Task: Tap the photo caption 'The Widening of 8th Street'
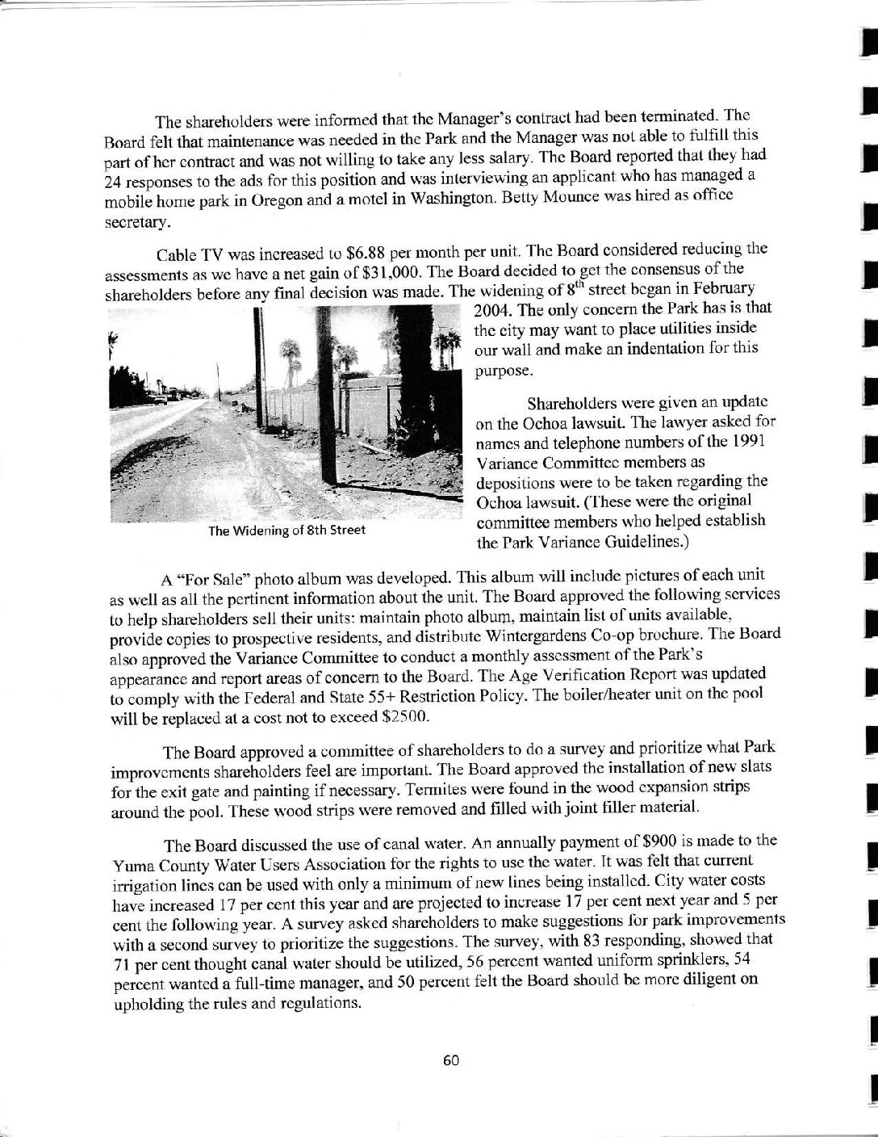click(x=286, y=531)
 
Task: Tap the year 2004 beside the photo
click(x=491, y=308)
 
